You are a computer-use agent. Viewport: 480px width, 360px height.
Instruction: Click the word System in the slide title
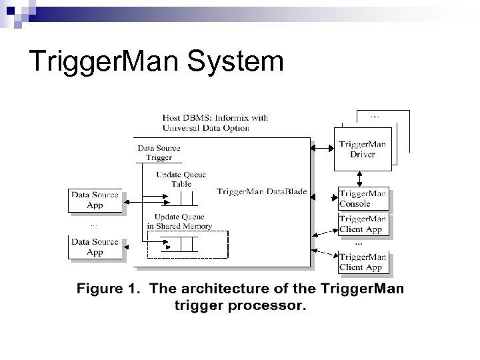[x=236, y=62]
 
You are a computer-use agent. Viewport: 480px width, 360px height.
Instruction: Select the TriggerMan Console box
[x=363, y=199]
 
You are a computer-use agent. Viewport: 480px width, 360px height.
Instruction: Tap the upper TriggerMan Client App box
[x=363, y=224]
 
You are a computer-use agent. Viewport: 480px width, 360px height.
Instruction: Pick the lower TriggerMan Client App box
[x=363, y=263]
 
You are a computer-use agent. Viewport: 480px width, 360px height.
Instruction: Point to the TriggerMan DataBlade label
[x=262, y=192]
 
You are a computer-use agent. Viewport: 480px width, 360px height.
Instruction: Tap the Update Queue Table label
[x=181, y=179]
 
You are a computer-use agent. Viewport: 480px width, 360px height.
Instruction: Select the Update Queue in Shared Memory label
[x=179, y=221]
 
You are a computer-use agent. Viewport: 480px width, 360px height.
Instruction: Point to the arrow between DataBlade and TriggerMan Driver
[x=322, y=148]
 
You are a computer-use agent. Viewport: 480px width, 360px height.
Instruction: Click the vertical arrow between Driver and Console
[x=361, y=177]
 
